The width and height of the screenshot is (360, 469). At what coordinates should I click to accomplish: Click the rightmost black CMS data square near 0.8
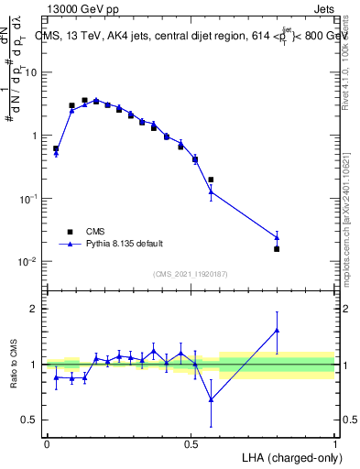277,248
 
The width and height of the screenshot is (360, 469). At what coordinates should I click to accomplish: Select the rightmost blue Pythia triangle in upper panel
277,237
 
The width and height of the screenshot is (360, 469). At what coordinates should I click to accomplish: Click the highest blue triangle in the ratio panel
277,330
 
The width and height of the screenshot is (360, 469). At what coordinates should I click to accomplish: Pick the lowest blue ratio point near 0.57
211,399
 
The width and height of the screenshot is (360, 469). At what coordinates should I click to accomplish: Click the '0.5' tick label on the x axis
191,442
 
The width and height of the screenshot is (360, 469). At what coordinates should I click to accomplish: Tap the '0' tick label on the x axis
47,442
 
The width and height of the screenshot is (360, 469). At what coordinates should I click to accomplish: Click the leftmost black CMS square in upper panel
56,148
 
